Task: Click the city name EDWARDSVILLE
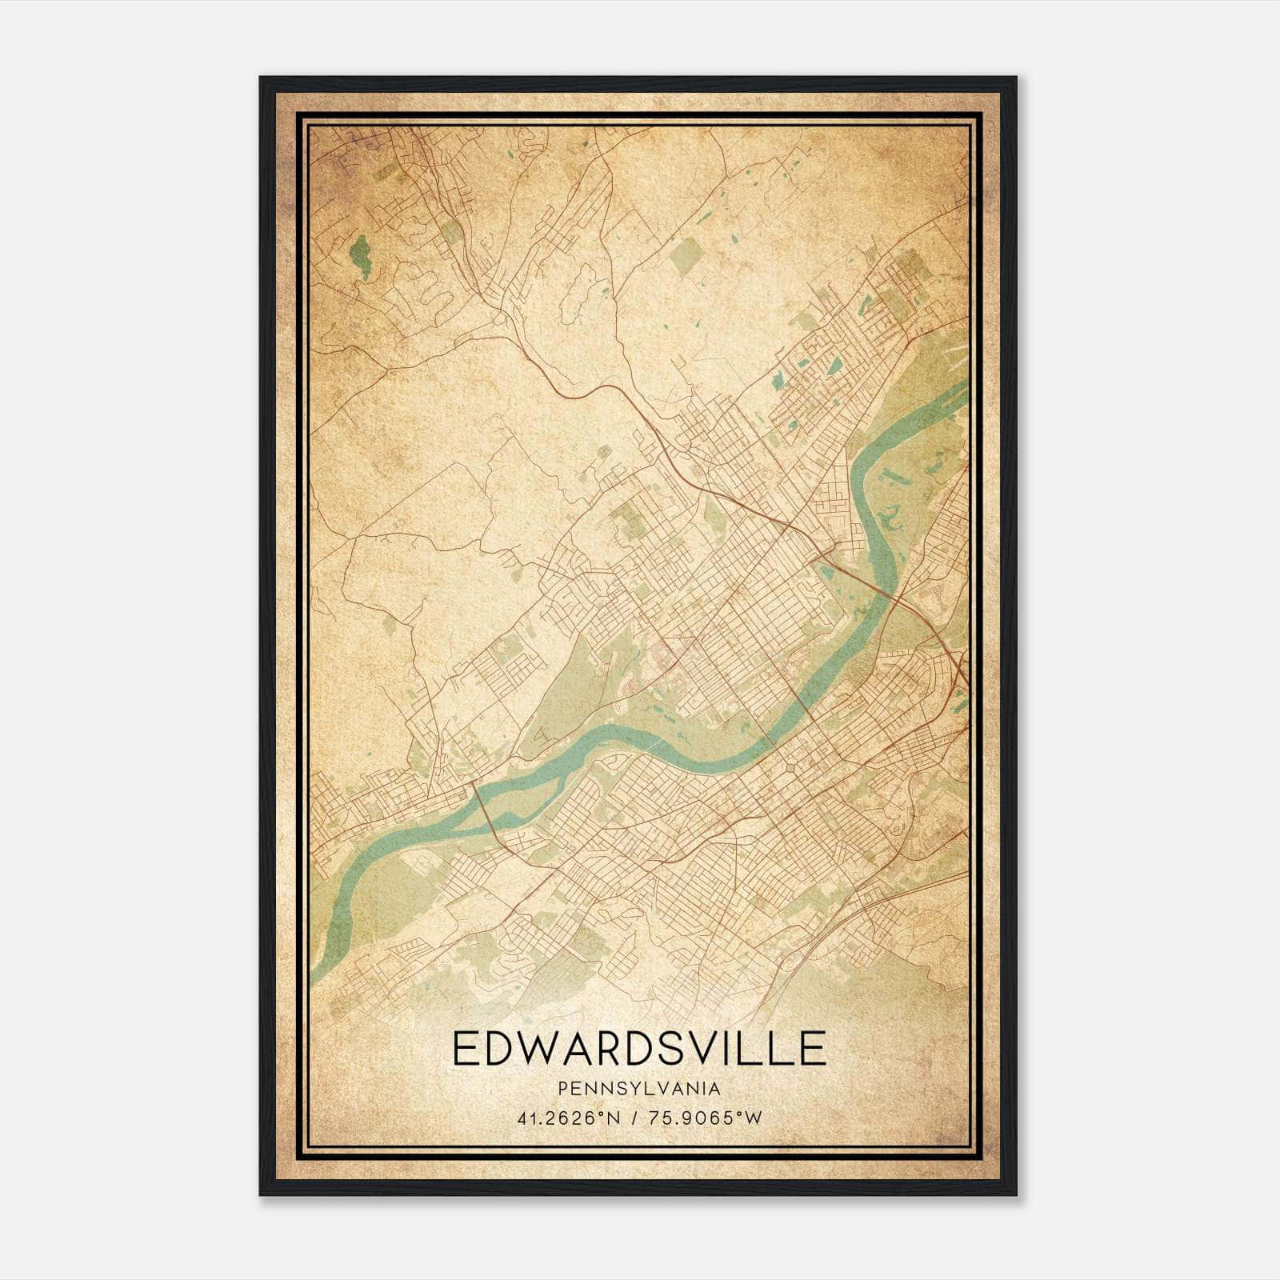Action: tap(639, 1048)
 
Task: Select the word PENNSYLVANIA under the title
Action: tap(639, 1089)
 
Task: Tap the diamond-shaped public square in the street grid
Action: tap(791, 768)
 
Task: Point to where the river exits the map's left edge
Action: tap(314, 972)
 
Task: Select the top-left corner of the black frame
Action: tap(261, 78)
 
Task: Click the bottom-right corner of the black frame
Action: tap(1015, 1194)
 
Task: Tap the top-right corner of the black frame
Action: tap(1015, 78)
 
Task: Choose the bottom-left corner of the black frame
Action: tap(261, 1194)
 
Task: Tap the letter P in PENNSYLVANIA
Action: tap(563, 1089)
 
